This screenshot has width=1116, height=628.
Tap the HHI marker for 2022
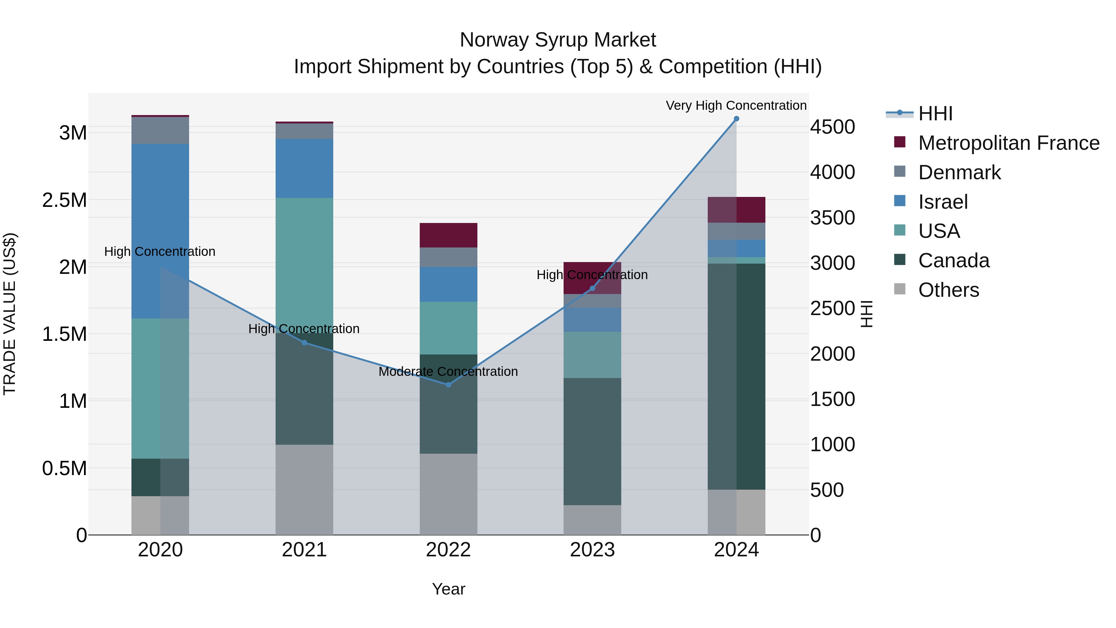click(448, 385)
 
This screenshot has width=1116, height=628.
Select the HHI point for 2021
click(304, 343)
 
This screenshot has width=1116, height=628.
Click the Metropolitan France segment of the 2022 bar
click(448, 235)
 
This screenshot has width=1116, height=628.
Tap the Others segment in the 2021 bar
click(304, 490)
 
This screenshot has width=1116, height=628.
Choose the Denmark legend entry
click(959, 172)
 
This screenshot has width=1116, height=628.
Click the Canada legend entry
click(954, 261)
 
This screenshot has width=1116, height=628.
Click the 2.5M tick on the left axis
click(64, 200)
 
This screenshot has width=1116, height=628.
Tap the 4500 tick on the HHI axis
click(832, 127)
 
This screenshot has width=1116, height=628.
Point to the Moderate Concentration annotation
click(448, 372)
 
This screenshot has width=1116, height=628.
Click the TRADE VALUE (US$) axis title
click(10, 314)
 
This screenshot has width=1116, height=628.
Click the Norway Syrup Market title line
click(558, 40)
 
